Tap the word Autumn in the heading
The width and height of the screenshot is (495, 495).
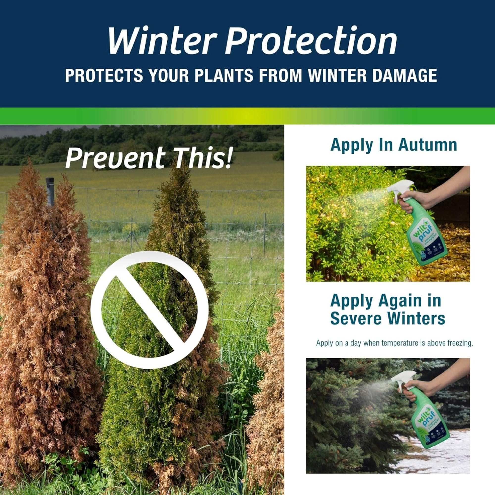point(428,145)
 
